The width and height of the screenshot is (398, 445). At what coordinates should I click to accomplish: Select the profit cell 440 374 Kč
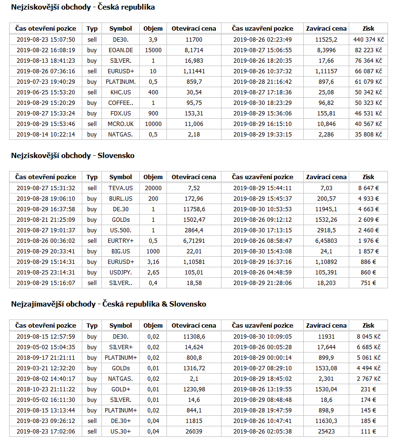point(368,40)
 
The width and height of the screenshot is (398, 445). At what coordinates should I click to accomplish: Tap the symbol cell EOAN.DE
point(120,50)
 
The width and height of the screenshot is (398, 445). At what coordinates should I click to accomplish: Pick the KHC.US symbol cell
point(120,92)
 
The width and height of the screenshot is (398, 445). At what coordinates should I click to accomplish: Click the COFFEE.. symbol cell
point(120,103)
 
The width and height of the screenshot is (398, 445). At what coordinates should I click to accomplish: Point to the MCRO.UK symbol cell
point(120,124)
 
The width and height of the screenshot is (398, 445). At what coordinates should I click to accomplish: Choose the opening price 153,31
point(193,114)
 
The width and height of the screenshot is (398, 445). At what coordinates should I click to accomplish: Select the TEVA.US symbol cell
point(120,188)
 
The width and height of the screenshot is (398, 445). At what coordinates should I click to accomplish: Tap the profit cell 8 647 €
point(368,188)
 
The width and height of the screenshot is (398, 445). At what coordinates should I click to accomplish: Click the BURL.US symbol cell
point(120,199)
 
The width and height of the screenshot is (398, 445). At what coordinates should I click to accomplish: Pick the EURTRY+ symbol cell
point(120,241)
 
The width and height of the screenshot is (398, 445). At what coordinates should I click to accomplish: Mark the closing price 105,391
point(326,273)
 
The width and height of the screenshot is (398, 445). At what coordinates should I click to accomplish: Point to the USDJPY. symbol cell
point(120,273)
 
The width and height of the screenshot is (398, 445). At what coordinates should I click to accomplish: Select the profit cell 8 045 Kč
point(368,337)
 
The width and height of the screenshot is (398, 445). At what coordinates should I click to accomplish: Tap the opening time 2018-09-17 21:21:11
point(45,358)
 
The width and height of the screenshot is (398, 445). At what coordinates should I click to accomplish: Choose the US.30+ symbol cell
point(120,432)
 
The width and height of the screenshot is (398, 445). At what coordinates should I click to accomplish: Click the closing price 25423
point(326,432)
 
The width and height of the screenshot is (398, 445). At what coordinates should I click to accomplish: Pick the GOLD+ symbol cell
point(120,389)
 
